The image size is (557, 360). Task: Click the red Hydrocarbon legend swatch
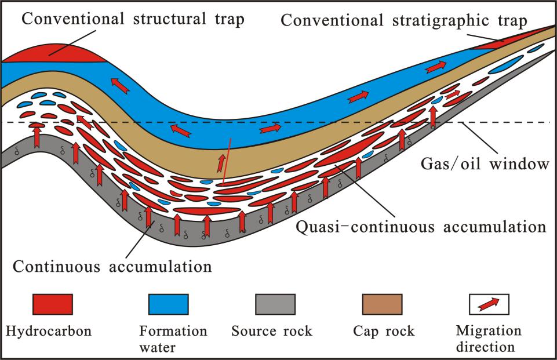coord(53,304)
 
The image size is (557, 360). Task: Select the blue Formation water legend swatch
coord(169,304)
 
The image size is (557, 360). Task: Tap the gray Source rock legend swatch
coord(275,304)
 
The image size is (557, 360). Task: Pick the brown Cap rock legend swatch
coord(382,304)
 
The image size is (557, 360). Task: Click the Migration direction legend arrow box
coord(489,304)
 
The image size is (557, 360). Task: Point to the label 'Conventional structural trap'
coord(133,19)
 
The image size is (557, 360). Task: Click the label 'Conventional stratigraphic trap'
coord(404,20)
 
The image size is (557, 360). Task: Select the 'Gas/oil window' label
coord(485,164)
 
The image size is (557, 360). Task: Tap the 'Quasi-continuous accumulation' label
coord(421,227)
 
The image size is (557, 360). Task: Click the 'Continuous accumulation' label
coord(112,266)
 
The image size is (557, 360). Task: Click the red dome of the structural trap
coord(53,53)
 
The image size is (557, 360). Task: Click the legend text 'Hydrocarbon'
coord(49,331)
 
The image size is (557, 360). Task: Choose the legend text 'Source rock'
coord(272,331)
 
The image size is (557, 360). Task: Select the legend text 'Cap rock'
coord(384,331)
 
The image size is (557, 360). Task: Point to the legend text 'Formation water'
coord(173,339)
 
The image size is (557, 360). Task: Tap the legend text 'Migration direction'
coord(489,339)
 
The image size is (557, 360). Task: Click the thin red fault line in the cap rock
coord(227,161)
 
